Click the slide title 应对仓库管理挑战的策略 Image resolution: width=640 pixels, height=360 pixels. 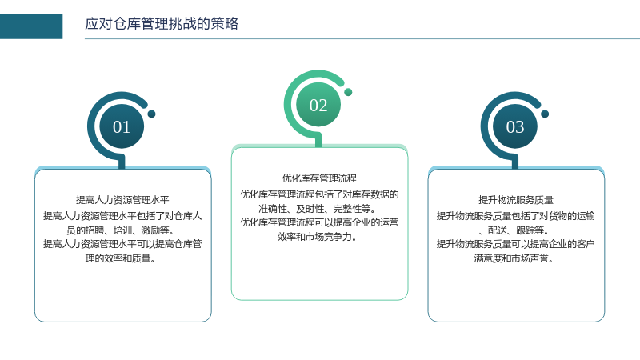[162, 24]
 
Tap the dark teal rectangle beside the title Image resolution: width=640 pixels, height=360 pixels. [31, 26]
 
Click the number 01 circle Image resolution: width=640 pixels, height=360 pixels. [122, 126]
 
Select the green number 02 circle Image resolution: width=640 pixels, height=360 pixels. [318, 105]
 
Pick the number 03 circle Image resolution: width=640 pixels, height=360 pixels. [515, 126]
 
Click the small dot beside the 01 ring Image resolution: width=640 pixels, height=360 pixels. [151, 114]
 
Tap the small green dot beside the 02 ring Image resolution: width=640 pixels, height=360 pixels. [348, 92]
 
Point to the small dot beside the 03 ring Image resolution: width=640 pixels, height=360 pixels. [545, 114]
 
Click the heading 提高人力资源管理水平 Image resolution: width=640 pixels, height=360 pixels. [122, 200]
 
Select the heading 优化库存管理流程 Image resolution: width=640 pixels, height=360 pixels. [319, 178]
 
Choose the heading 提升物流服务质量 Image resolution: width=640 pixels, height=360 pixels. [516, 200]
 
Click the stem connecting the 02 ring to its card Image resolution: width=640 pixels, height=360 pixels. [318, 141]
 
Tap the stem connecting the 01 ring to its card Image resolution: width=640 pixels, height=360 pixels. [122, 162]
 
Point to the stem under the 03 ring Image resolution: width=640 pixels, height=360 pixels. [515, 162]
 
